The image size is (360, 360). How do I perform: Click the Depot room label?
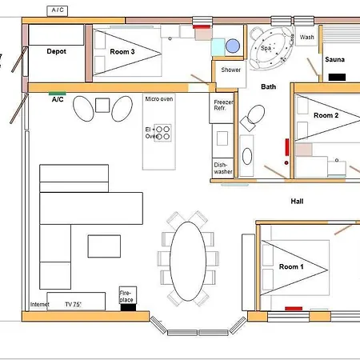click(x=56, y=51)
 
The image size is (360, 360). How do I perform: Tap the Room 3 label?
click(x=122, y=51)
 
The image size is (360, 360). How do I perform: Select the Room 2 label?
click(x=326, y=116)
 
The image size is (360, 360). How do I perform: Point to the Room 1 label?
click(x=292, y=266)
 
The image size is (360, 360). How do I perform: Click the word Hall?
click(x=297, y=202)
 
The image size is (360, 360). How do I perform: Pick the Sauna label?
click(x=334, y=59)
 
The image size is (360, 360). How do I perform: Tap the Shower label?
click(x=231, y=70)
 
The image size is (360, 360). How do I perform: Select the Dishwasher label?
click(x=222, y=169)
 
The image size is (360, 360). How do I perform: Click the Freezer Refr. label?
click(x=224, y=107)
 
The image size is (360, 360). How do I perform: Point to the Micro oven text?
click(x=158, y=99)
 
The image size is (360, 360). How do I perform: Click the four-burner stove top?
click(x=162, y=133)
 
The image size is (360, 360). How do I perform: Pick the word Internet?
click(x=39, y=305)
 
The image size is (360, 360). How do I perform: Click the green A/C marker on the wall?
click(x=58, y=93)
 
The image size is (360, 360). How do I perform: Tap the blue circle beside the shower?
click(x=232, y=46)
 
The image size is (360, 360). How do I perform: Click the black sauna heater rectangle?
click(x=337, y=77)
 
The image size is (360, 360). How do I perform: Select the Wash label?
click(x=308, y=38)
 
